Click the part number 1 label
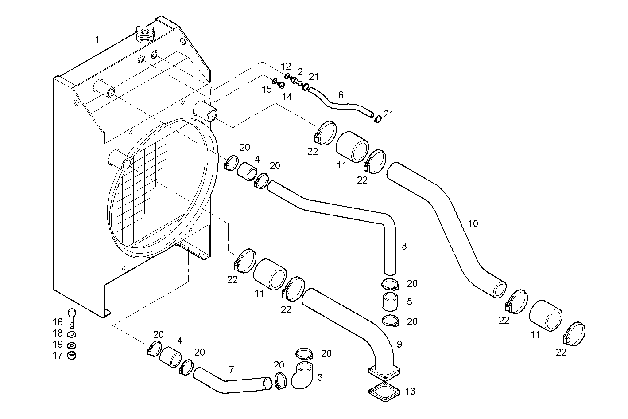click(97, 40)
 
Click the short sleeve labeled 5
click(390, 302)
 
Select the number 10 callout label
click(473, 223)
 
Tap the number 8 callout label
click(403, 246)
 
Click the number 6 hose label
click(341, 95)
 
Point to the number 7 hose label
click(231, 369)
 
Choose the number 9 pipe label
click(399, 344)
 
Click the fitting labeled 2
click(296, 81)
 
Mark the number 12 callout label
click(286, 67)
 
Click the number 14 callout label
click(287, 96)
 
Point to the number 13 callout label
click(410, 391)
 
